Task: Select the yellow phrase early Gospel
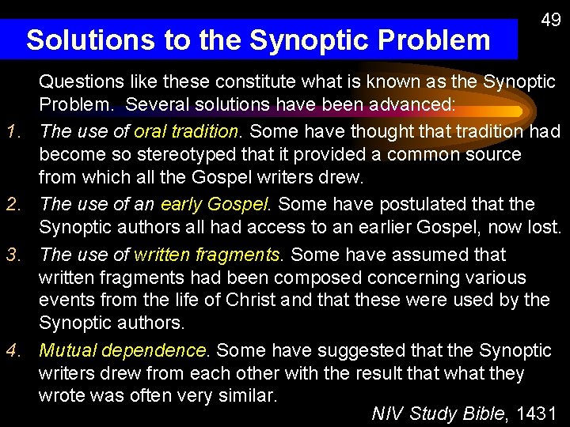pos(215,205)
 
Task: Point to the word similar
pos(237,395)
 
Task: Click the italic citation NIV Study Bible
pos(441,413)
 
